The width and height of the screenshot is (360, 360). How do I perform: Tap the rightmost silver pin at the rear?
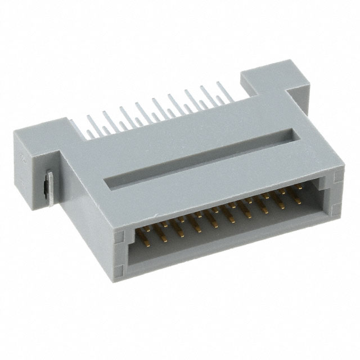[x=219, y=90]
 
